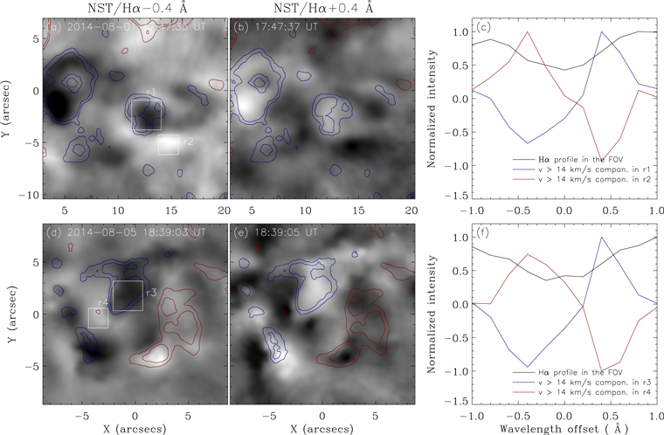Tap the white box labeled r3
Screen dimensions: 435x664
pos(128,296)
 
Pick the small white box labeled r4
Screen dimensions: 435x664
pos(98,318)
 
